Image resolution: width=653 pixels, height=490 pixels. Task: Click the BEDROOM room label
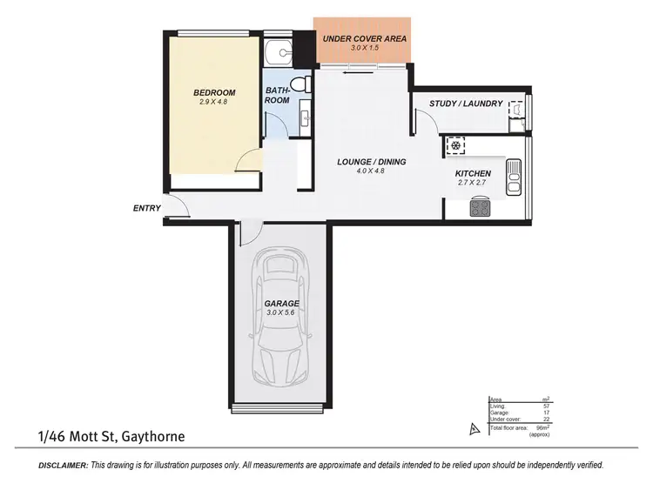(x=214, y=92)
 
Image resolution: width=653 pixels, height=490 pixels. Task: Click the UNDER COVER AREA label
(x=364, y=39)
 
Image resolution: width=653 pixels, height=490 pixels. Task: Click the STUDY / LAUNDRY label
(x=466, y=104)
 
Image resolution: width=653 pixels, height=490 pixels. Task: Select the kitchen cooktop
(x=480, y=207)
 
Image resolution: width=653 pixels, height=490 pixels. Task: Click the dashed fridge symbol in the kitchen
(x=455, y=145)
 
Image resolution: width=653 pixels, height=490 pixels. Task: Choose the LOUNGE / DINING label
(x=372, y=162)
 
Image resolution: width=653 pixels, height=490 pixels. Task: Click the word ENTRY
(x=147, y=208)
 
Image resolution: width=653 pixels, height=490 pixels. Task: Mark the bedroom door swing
(x=249, y=160)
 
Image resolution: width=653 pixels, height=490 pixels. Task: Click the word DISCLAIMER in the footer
(x=64, y=466)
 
